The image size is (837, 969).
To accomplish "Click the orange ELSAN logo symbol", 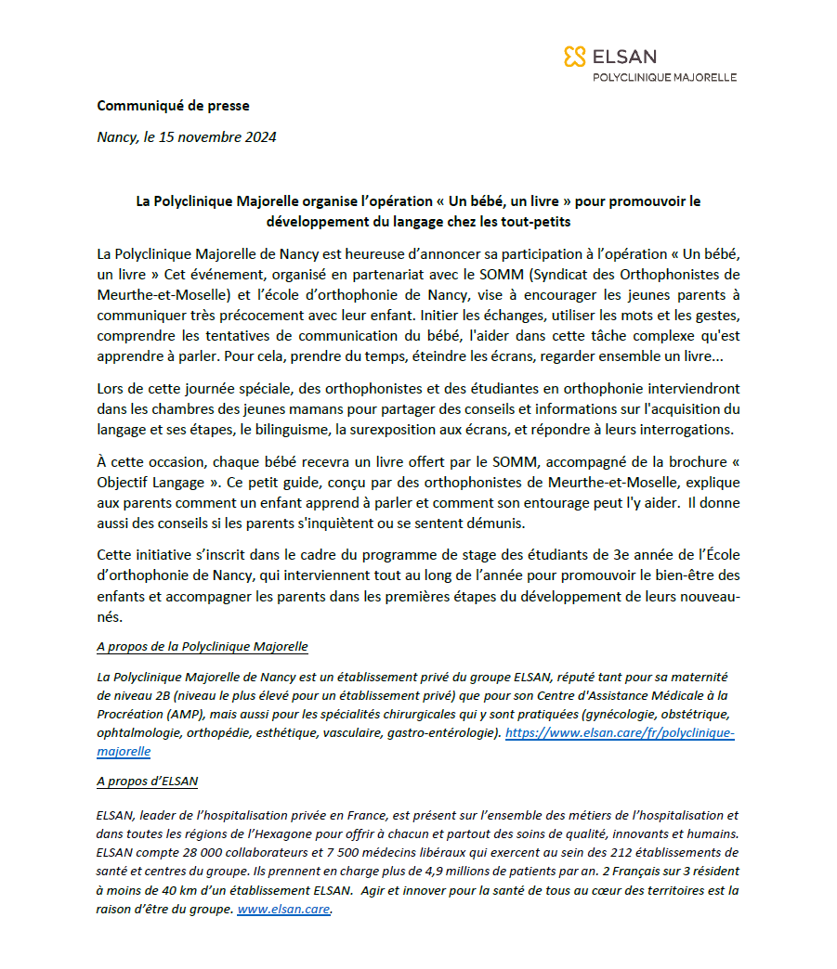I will click(x=574, y=57).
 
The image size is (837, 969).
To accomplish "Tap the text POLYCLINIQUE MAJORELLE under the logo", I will click(x=664, y=78).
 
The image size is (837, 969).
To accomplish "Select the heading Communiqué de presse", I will click(x=173, y=106).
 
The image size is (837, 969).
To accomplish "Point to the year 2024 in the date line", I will click(x=259, y=137).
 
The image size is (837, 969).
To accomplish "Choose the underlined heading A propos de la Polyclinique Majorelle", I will click(x=202, y=646).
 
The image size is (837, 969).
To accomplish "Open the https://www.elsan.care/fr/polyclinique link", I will click(x=620, y=733).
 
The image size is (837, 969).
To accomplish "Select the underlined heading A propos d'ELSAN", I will click(x=147, y=781).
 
